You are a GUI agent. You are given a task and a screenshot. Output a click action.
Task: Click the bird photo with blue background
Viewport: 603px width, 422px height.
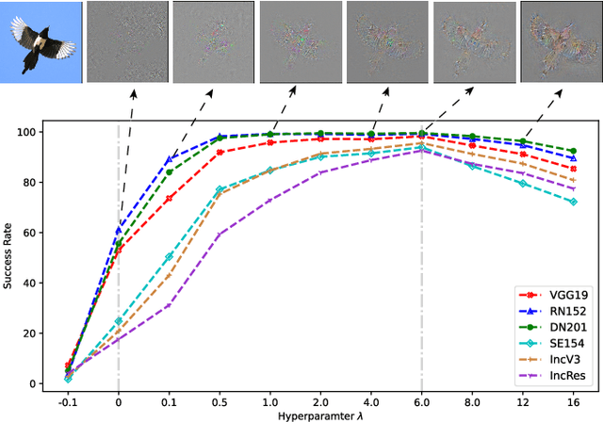41,41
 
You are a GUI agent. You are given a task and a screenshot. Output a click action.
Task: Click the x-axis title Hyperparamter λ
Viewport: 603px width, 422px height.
321,414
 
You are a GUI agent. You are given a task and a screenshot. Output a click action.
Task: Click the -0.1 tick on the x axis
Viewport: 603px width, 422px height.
67,400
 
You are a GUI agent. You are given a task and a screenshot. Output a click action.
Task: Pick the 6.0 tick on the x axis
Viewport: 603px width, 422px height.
421,400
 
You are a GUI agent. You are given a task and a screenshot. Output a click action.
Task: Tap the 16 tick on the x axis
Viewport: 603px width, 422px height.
573,400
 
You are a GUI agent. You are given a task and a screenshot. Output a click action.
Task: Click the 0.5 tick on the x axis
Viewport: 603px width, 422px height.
220,400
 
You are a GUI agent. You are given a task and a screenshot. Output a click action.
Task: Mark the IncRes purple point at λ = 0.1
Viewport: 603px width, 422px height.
169,304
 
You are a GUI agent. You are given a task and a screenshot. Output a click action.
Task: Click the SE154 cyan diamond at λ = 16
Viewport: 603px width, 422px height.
573,202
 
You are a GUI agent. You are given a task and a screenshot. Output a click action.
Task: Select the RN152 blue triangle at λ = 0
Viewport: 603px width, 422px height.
118,230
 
